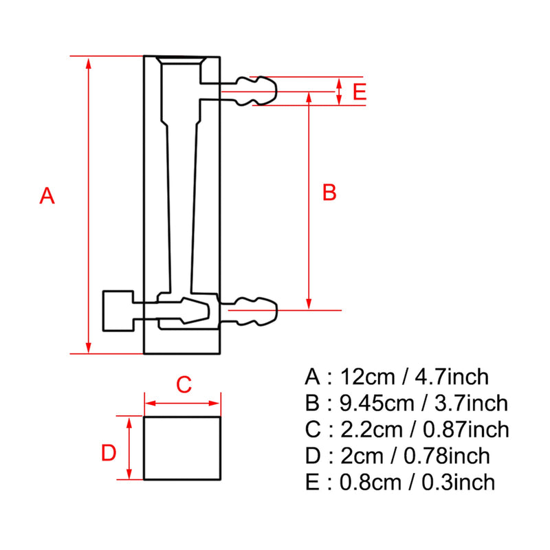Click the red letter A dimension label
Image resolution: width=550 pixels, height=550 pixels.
tap(47, 196)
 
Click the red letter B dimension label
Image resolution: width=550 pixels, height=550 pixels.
tap(329, 193)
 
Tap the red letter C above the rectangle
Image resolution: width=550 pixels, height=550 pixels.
tap(183, 385)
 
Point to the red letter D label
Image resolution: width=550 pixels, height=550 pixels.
tap(109, 453)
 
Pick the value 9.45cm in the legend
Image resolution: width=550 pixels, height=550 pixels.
tap(376, 404)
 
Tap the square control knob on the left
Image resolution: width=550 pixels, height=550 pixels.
tap(118, 311)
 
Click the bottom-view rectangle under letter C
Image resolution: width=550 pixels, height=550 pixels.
tap(182, 448)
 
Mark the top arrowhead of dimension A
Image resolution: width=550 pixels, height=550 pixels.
tap(89, 62)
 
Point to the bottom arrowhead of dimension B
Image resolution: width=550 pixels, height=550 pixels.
tap(309, 304)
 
